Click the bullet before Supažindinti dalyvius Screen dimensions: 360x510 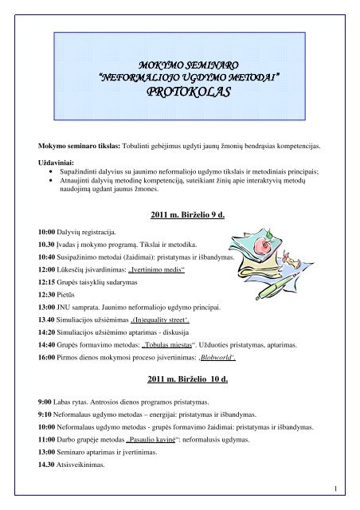pyautogui.click(x=53, y=169)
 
